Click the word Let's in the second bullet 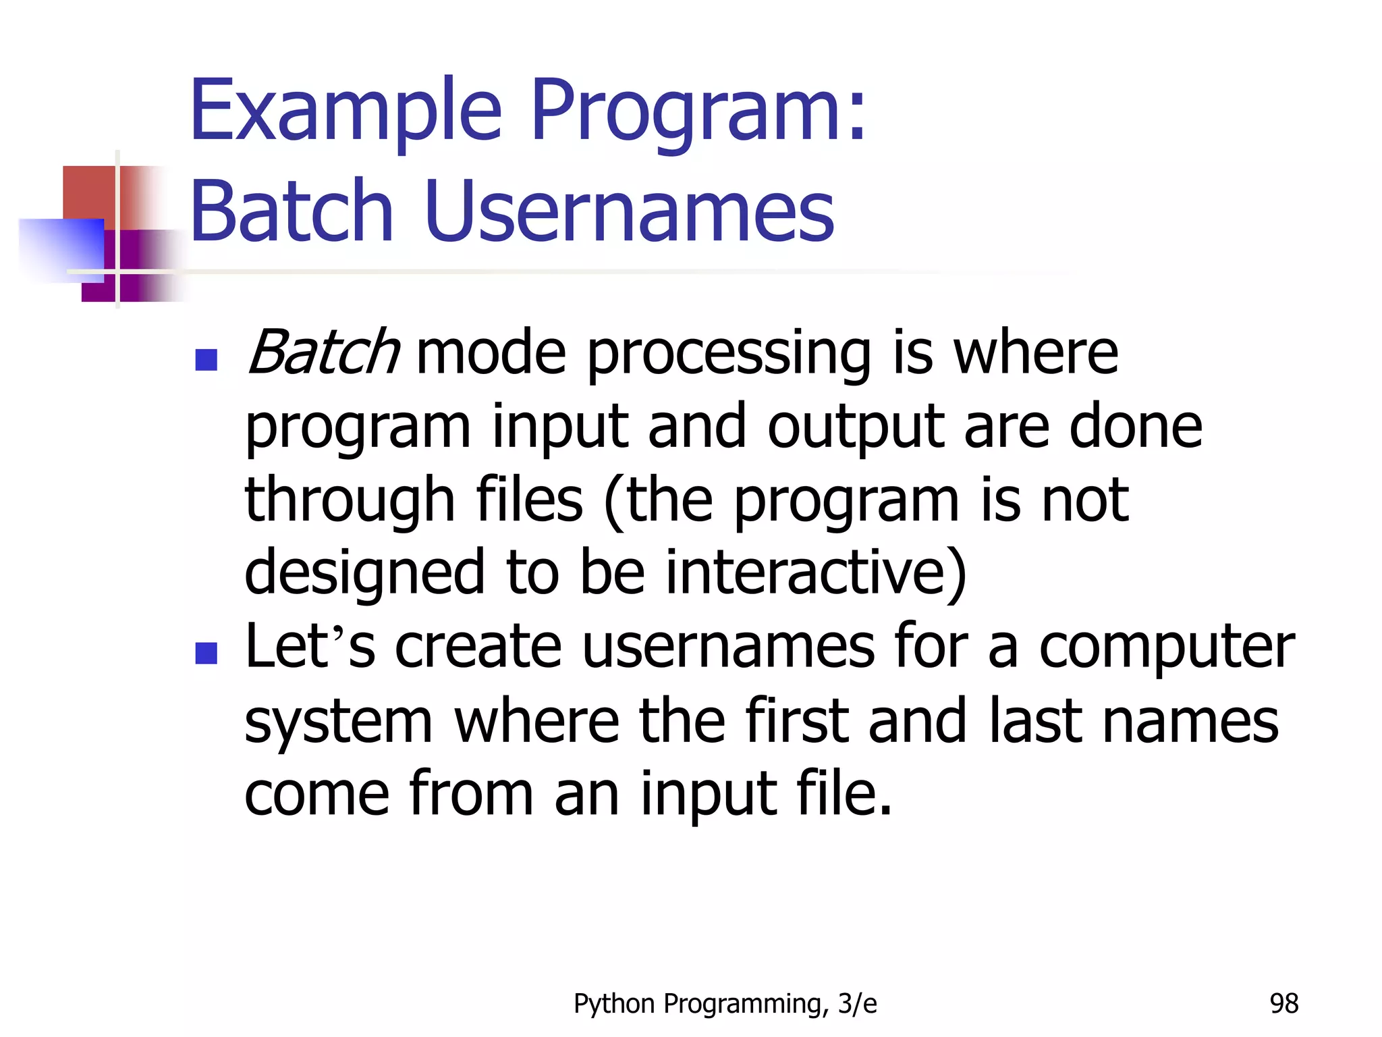pyautogui.click(x=310, y=646)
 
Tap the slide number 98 pyautogui.click(x=1283, y=1004)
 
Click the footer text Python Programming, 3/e pyautogui.click(x=725, y=1004)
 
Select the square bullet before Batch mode pyautogui.click(x=206, y=360)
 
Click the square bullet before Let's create pyautogui.click(x=206, y=653)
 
